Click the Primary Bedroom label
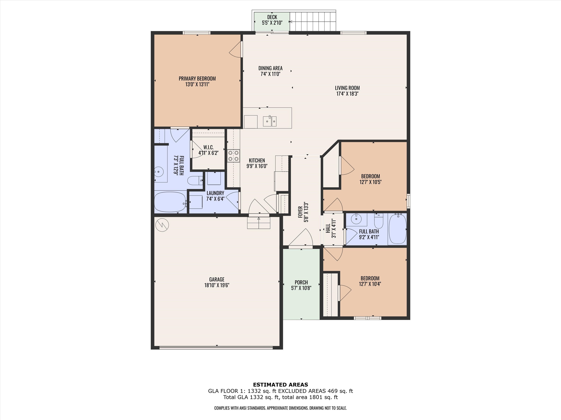[x=197, y=78]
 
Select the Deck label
[x=272, y=17]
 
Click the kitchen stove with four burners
[x=234, y=156]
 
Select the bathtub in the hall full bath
[x=397, y=229]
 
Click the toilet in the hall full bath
[x=379, y=221]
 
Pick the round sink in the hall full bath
[x=356, y=219]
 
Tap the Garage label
[x=217, y=279]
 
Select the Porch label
[x=301, y=282]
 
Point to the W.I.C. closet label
[x=208, y=147]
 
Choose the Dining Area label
[x=270, y=68]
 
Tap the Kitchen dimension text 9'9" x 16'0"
[x=257, y=166]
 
